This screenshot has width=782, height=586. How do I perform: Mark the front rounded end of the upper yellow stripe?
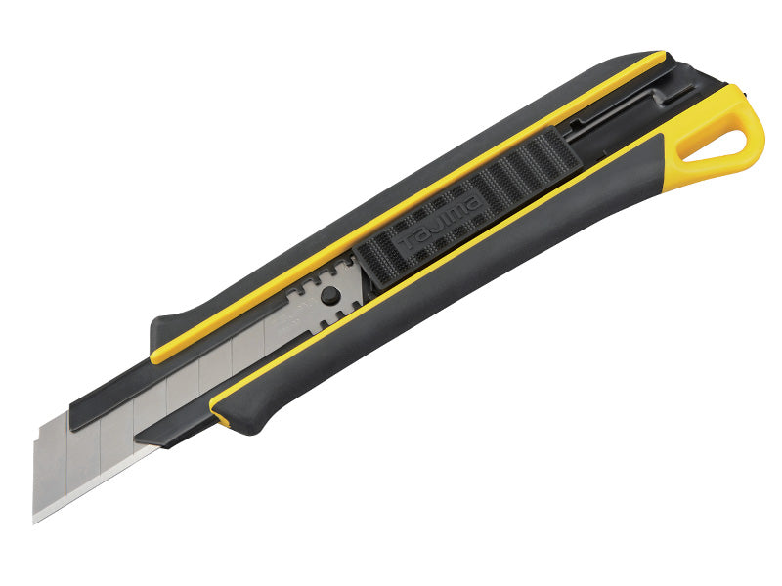pyautogui.click(x=156, y=356)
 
